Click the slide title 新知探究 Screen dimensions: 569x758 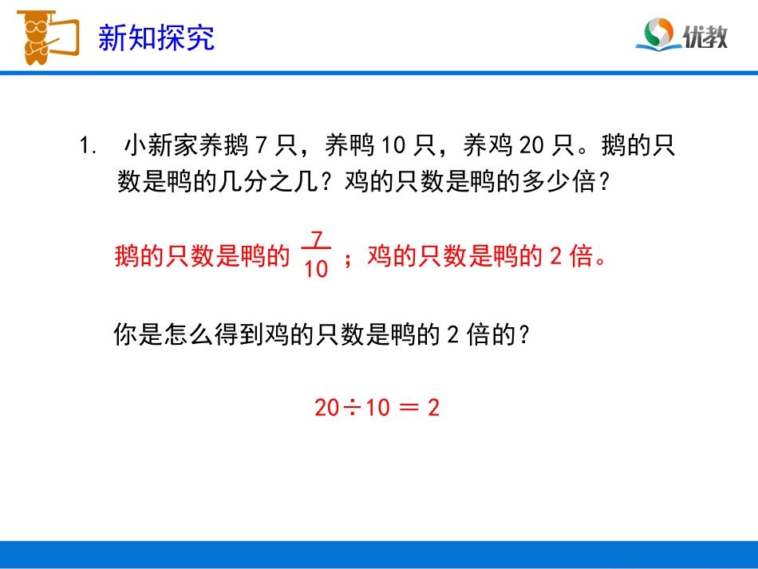pyautogui.click(x=156, y=37)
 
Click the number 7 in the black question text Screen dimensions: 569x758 pyautogui.click(x=261, y=146)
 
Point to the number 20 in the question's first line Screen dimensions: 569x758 pyautogui.click(x=531, y=146)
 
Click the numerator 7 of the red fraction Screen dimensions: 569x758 pyautogui.click(x=317, y=239)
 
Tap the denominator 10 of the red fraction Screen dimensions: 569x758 pyautogui.click(x=316, y=270)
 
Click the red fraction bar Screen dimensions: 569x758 pyautogui.click(x=317, y=254)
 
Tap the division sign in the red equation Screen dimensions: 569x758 pyautogui.click(x=352, y=408)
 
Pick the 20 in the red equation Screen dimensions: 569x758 pyautogui.click(x=326, y=408)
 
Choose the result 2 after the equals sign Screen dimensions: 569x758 pyautogui.click(x=433, y=408)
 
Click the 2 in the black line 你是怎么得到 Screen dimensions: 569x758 pyautogui.click(x=452, y=335)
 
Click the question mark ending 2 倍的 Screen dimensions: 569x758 pyautogui.click(x=523, y=335)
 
